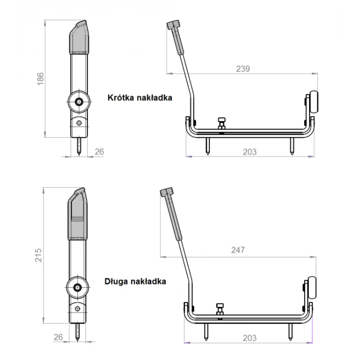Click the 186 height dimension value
tap(40, 79)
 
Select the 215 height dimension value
tap(38, 255)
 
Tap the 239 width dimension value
tap(243, 69)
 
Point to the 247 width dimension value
tap(238, 250)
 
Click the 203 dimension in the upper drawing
tap(250, 152)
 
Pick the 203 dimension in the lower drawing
tap(250, 338)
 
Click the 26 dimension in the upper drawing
tap(99, 152)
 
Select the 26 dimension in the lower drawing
tap(58, 337)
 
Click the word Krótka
tap(121, 97)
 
